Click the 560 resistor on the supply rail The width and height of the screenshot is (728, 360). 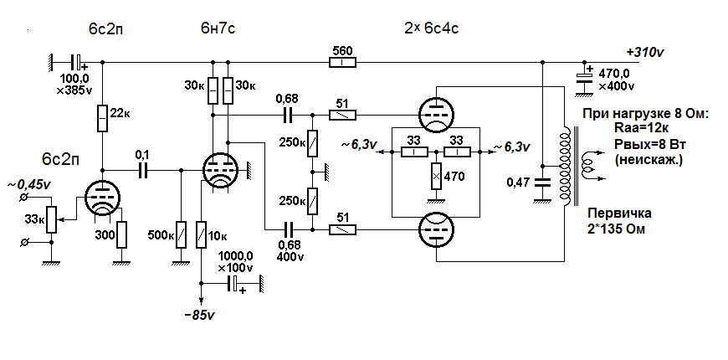[343, 62]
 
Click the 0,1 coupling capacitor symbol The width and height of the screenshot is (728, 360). [141, 170]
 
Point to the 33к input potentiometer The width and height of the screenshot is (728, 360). [53, 220]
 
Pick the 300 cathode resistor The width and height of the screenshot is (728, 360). [122, 234]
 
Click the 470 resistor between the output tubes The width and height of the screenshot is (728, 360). [434, 177]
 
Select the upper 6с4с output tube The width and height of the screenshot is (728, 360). [434, 115]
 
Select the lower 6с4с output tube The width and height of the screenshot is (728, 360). [434, 229]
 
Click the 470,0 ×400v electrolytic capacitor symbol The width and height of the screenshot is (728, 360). [583, 76]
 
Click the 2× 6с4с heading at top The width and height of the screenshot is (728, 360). [431, 29]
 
